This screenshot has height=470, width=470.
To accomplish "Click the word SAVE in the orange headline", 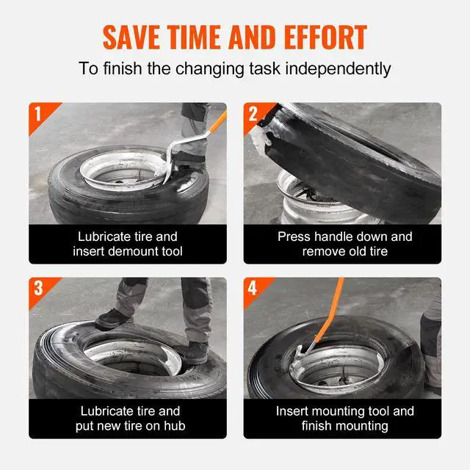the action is tap(131, 37).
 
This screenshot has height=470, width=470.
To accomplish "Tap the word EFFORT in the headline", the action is tap(325, 37).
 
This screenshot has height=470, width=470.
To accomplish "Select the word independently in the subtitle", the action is tap(338, 68).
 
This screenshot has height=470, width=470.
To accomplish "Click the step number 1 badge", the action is tap(37, 114).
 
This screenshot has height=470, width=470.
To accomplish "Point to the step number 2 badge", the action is tap(253, 114).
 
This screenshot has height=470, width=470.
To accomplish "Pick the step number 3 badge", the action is tap(38, 289).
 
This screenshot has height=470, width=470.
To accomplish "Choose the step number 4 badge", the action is tap(253, 289).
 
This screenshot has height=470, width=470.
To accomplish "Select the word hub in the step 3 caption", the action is tap(175, 426).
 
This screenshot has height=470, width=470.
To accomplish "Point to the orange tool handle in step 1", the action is tap(218, 122).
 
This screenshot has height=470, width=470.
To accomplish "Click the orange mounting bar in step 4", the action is tap(328, 311).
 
